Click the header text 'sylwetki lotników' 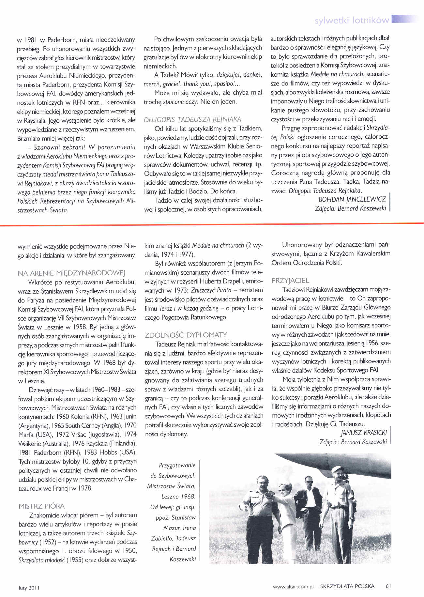(352, 21)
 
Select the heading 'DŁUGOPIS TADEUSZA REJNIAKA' (192, 119)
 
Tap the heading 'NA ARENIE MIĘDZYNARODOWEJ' (72, 273)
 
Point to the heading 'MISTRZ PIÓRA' (42, 506)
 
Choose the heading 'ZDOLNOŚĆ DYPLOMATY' (186, 335)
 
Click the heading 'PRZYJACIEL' (290, 281)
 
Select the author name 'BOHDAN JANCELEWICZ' (352, 199)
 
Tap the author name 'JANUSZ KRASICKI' (364, 433)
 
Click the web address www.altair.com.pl (293, 586)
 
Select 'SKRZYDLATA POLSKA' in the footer (347, 586)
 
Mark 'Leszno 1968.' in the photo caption (178, 497)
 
